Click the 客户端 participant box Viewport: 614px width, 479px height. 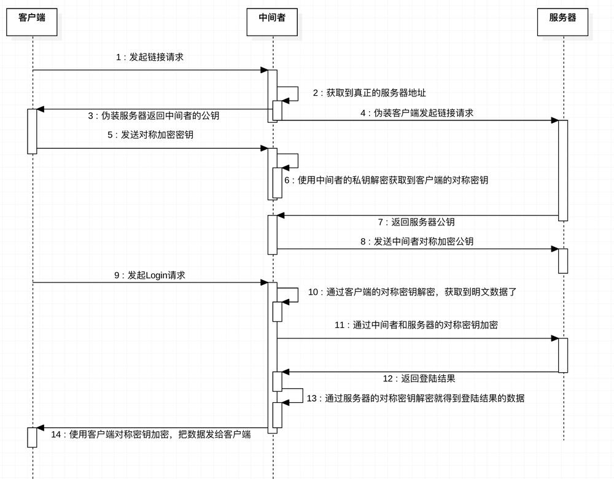pos(32,22)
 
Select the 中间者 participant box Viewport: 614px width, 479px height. pos(272,22)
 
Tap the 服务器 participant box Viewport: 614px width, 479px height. pos(562,22)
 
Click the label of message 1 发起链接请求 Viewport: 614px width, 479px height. pos(150,57)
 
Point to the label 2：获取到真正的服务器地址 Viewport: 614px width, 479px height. pos(369,93)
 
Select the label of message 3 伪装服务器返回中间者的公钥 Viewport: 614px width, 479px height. pos(153,115)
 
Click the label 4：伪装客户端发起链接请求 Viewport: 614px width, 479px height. pos(417,113)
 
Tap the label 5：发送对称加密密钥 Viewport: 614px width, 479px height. pos(150,134)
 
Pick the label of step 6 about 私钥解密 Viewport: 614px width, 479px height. pos(386,180)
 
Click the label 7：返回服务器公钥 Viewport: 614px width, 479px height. pos(416,222)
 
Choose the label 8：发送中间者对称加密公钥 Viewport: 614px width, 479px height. pos(417,241)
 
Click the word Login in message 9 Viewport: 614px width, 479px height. pos(157,275)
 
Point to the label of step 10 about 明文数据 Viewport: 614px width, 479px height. pos(413,292)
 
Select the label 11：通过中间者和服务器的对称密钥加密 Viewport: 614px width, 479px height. pos(416,325)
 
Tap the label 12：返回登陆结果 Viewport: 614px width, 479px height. pos(419,378)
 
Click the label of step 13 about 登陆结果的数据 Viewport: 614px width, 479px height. pos(416,399)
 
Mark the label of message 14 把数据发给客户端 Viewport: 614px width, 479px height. pos(151,434)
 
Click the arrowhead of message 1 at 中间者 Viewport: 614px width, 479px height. pos(264,70)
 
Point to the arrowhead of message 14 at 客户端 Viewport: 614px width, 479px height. pos(41,428)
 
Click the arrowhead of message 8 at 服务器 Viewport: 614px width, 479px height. pos(554,249)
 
